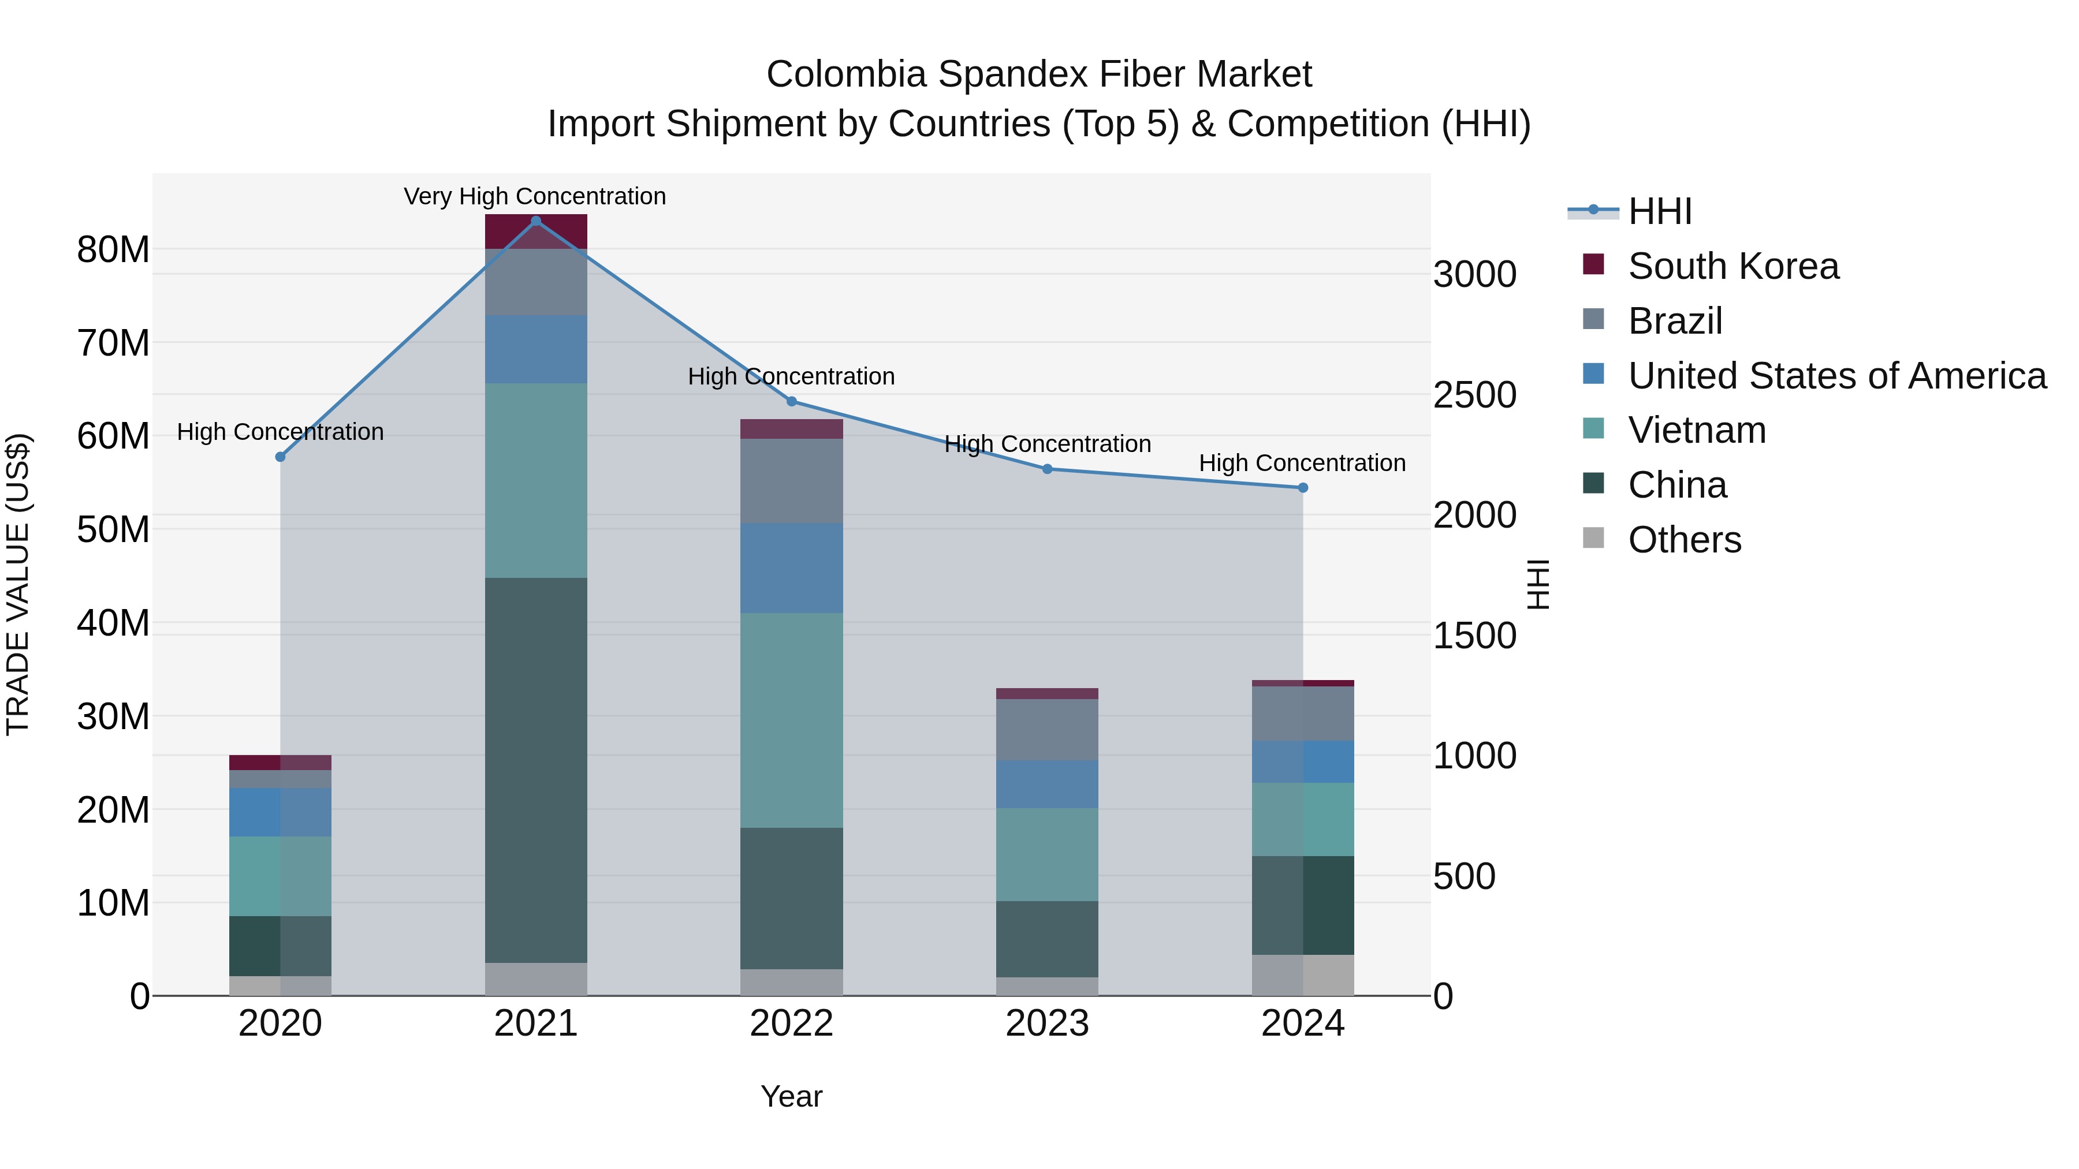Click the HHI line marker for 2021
536,221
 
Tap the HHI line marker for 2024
1303,488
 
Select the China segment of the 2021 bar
536,771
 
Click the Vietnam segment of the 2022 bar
792,720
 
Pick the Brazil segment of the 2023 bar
1047,730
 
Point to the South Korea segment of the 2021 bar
536,232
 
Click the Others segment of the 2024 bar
1303,976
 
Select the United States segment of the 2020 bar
280,812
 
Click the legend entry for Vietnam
1697,431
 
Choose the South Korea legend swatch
1593,264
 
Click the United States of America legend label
1837,376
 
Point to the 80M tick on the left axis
113,250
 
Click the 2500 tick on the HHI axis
1474,395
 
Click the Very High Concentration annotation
535,197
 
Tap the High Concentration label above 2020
280,432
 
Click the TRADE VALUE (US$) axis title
18,584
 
